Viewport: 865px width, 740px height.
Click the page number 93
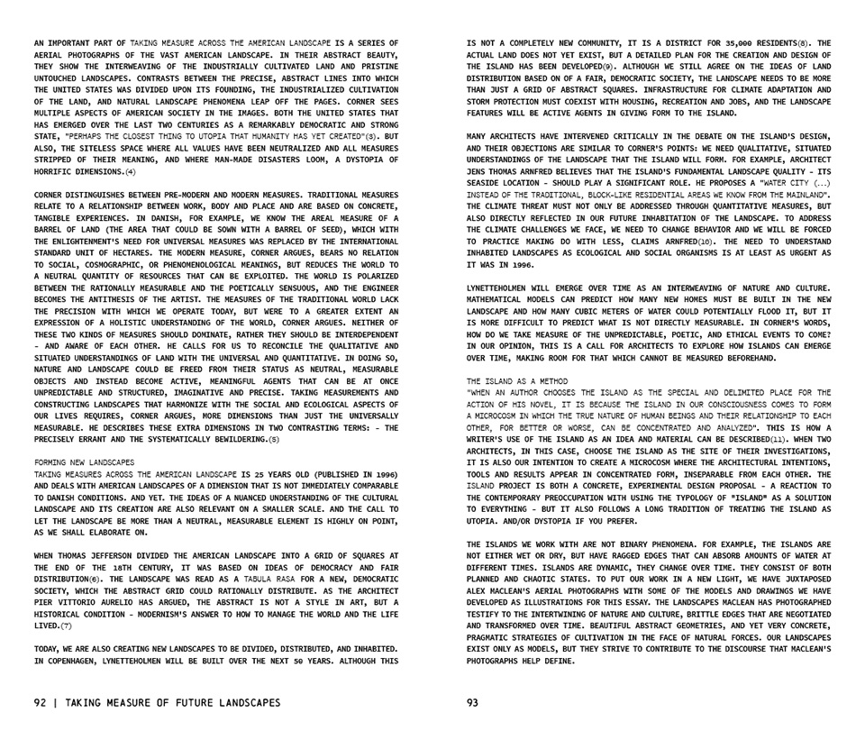pyautogui.click(x=473, y=703)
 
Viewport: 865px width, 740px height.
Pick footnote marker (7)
pyautogui.click(x=68, y=625)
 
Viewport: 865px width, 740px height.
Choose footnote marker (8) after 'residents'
pyautogui.click(x=802, y=42)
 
